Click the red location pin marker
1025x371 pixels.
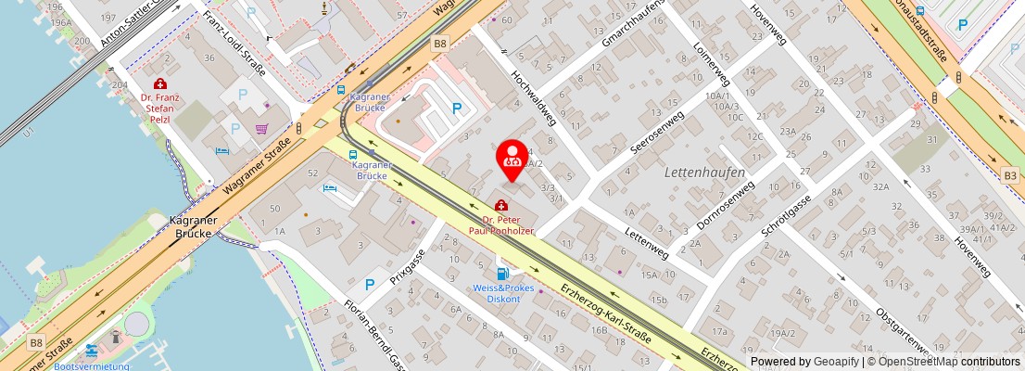click(x=512, y=158)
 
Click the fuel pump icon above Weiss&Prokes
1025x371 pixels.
click(x=502, y=273)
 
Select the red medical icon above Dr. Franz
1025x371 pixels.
click(x=159, y=83)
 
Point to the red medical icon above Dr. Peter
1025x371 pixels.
click(x=501, y=205)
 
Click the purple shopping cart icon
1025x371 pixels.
click(x=262, y=129)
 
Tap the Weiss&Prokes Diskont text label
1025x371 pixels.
click(x=503, y=293)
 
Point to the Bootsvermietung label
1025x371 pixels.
click(x=91, y=366)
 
